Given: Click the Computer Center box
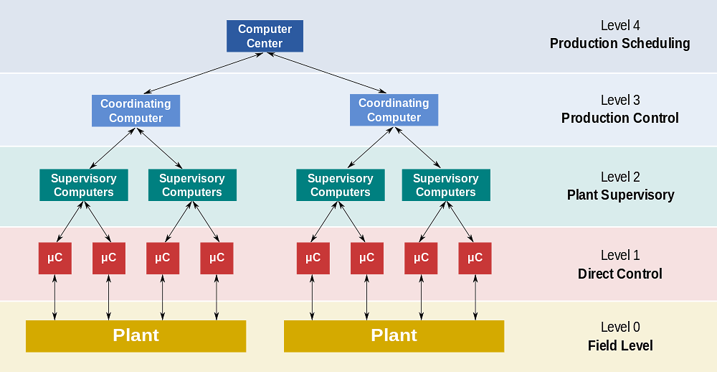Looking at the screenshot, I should pyautogui.click(x=265, y=37).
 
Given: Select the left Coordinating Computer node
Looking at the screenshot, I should pyautogui.click(x=136, y=111).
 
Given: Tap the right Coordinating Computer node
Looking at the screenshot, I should pyautogui.click(x=394, y=111).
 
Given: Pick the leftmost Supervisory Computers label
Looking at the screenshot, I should pyautogui.click(x=84, y=185).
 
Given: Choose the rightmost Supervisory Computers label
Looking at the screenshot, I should pyautogui.click(x=445, y=185).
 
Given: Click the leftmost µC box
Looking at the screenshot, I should pyautogui.click(x=54, y=258).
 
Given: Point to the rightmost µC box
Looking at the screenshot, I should pyautogui.click(x=475, y=258).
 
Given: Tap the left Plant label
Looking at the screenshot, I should pyautogui.click(x=136, y=335).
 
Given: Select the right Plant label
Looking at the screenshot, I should pyautogui.click(x=394, y=335).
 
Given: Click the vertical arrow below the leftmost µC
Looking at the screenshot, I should pyautogui.click(x=54, y=297).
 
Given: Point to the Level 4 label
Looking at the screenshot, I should pyautogui.click(x=619, y=26).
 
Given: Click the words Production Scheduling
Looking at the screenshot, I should pyautogui.click(x=619, y=44).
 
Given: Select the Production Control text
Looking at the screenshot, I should pyautogui.click(x=619, y=118).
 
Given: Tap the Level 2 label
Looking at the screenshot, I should pyautogui.click(x=619, y=177).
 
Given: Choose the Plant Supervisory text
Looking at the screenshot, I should pyautogui.click(x=619, y=195).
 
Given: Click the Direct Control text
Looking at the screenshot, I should pyautogui.click(x=619, y=274).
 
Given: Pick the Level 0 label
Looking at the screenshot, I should pyautogui.click(x=619, y=327).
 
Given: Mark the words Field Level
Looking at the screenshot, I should pyautogui.click(x=619, y=346).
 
